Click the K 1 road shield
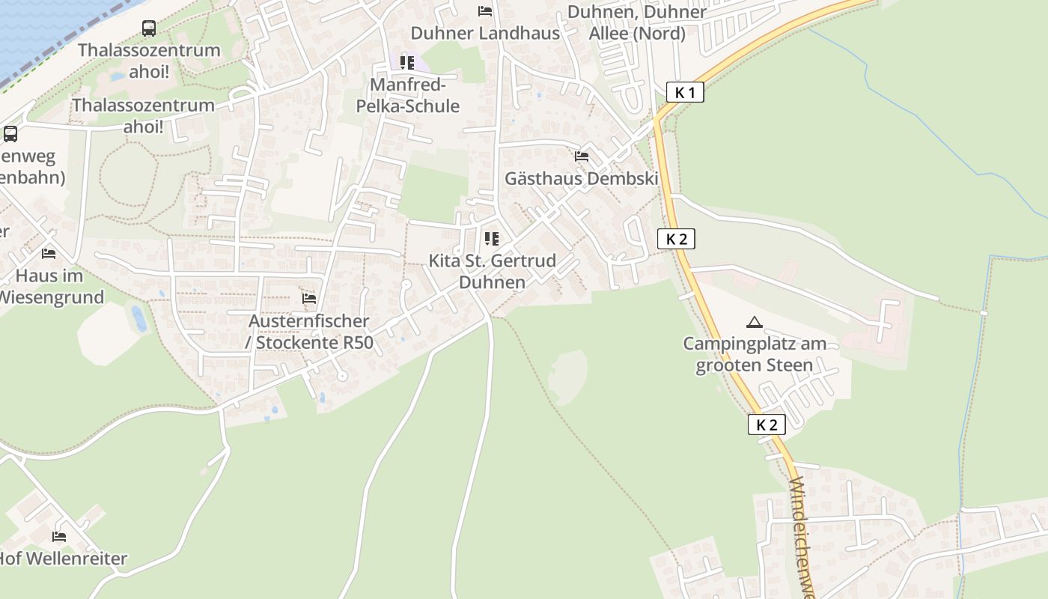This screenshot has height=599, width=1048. (x=685, y=93)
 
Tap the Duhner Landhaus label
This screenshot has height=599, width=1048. (x=485, y=33)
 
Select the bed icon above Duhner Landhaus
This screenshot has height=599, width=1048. (x=485, y=11)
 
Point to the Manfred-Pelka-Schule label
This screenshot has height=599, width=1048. (x=407, y=95)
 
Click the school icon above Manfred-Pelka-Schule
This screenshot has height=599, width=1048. (x=407, y=62)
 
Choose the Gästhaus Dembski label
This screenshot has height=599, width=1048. (x=582, y=178)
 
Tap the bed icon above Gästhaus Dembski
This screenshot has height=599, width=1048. (x=582, y=156)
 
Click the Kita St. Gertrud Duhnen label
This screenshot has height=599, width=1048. (x=492, y=271)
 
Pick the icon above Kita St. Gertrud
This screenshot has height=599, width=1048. (x=492, y=239)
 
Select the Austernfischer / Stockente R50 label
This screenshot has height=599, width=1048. (x=308, y=332)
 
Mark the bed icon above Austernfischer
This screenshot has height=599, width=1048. (x=308, y=299)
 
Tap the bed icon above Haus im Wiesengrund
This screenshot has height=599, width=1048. (x=49, y=254)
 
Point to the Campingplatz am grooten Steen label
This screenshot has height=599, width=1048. (x=755, y=354)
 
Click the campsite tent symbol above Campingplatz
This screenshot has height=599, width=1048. (x=755, y=322)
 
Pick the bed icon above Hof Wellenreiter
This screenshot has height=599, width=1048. (x=59, y=536)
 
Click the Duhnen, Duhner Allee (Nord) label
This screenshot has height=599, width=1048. (x=637, y=22)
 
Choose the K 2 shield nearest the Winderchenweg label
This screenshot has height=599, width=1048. (x=767, y=425)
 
